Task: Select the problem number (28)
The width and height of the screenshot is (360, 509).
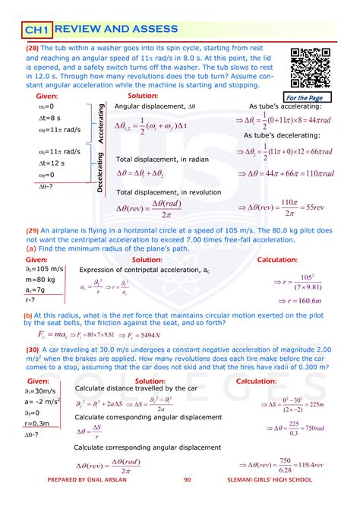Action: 37,48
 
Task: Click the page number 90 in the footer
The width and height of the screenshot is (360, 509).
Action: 188,501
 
